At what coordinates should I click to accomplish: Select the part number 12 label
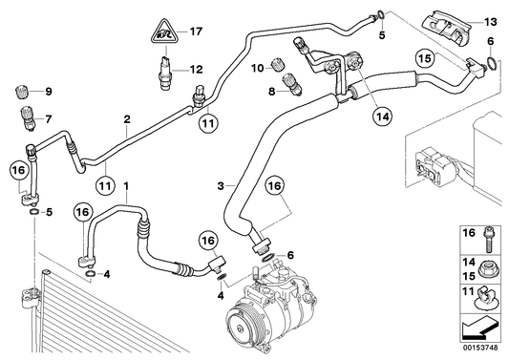point(196,69)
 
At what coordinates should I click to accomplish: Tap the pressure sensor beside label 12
point(168,73)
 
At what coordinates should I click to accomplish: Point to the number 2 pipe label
point(125,120)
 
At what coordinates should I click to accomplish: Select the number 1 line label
point(125,183)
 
